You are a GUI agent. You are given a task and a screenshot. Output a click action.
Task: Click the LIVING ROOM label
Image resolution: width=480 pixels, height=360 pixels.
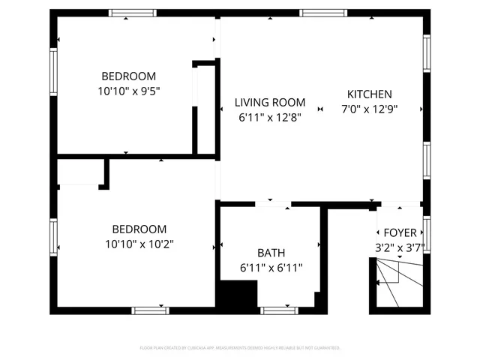coord(269,103)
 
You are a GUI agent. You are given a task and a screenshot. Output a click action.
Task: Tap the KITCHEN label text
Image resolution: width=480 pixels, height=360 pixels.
coord(369,94)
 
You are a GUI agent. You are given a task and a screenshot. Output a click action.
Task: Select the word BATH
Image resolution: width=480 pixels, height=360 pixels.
coord(271,253)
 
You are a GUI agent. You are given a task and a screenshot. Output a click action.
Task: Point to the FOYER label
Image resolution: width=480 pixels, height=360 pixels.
coord(400,233)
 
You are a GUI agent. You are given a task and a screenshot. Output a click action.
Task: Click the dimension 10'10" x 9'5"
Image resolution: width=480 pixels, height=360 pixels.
coord(129,91)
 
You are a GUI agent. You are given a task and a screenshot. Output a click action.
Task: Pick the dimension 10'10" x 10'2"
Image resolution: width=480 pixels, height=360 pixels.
coord(139,244)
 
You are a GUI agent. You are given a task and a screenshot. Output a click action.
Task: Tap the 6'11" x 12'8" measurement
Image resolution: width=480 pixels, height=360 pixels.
coord(269,117)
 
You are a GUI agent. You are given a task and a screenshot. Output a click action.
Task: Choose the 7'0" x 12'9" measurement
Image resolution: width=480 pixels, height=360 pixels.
coord(369,108)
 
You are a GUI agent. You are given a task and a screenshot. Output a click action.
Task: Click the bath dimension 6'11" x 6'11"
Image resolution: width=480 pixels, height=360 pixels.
coord(271,267)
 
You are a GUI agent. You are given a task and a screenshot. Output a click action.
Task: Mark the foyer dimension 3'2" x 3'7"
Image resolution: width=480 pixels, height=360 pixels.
coord(400,247)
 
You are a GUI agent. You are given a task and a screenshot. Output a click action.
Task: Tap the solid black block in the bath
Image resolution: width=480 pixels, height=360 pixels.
coord(233,294)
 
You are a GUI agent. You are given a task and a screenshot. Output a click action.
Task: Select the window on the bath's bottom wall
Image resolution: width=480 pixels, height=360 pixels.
coord(278,310)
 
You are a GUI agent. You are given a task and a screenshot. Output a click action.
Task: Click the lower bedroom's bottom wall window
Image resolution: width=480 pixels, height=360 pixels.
coord(150,310)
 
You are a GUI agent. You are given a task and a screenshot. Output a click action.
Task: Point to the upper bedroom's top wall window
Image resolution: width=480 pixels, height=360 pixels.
coord(132,13)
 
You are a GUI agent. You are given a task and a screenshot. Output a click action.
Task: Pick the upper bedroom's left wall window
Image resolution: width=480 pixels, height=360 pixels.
coord(53,72)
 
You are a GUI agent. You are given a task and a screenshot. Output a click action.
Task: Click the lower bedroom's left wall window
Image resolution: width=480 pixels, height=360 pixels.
coord(53,237)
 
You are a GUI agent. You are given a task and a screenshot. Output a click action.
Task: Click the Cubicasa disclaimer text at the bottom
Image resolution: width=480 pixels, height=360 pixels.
coord(240,348)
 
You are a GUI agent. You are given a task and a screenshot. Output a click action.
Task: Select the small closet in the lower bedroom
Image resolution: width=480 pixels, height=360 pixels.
coord(81,173)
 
